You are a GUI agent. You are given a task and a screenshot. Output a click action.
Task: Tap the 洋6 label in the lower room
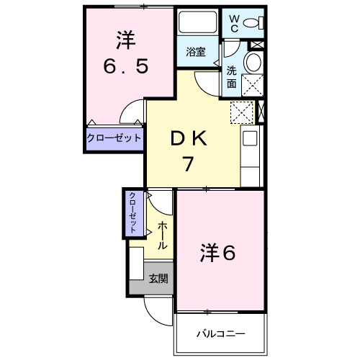coord(217,253)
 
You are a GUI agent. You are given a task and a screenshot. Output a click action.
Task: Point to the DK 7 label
coord(187,150)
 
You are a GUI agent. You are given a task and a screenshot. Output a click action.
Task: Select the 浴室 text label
coord(196,52)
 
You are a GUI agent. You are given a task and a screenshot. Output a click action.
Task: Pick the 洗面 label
coord(232,77)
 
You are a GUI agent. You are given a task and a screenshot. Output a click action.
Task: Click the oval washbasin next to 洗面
coord(253,63)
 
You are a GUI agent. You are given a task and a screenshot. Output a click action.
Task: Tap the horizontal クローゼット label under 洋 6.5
coord(114,138)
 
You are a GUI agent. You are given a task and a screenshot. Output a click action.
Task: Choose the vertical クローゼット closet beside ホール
coord(133,212)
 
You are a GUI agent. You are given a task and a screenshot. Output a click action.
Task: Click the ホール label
coord(162,235)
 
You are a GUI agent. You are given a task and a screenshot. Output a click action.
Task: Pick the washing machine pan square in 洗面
coord(253,86)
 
